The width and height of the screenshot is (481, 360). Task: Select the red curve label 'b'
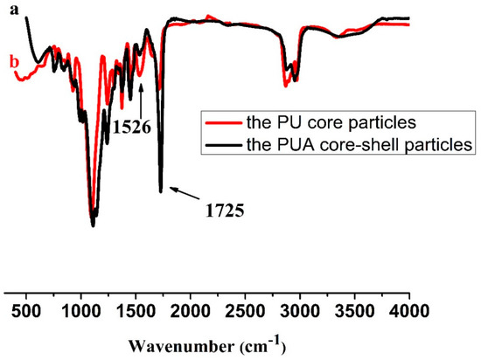pos(12,61)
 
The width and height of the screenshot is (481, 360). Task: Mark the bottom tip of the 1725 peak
pos(161,191)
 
